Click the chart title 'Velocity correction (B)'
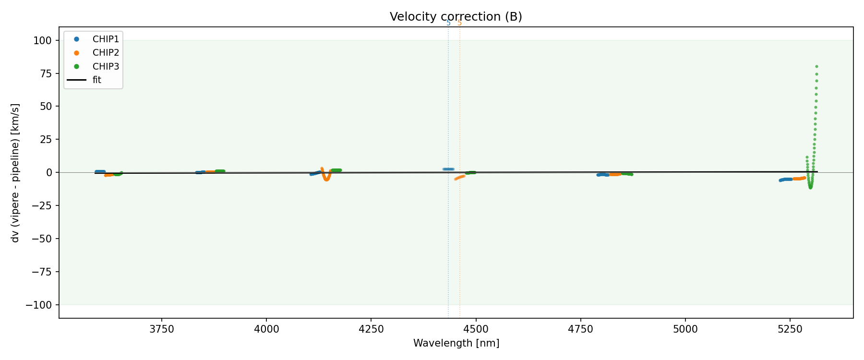coord(456,17)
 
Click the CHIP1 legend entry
coord(106,39)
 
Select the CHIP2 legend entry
coord(106,53)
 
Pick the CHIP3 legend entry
coord(106,66)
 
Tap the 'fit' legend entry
coord(96,80)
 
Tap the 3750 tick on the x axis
coord(161,329)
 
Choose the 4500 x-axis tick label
coord(476,329)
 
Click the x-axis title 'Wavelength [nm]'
coord(456,343)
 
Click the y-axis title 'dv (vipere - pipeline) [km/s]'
coord(15,173)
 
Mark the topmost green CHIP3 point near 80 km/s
coord(816,67)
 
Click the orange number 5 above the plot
coord(459,23)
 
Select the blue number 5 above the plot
coord(448,23)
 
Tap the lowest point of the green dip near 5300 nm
coord(810,187)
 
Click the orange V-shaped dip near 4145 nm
coord(326,179)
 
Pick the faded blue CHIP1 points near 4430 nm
coord(448,169)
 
